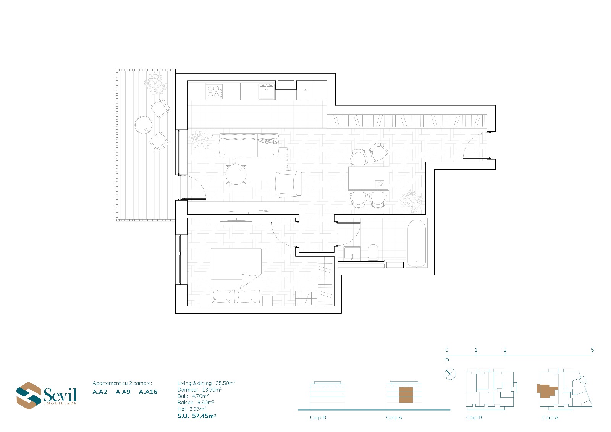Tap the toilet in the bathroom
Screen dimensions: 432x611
[x=373, y=252]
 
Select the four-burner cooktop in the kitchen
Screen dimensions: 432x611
[x=214, y=92]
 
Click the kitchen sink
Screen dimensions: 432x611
[x=267, y=92]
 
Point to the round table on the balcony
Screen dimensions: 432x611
[x=144, y=125]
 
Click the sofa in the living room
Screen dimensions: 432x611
[x=249, y=146]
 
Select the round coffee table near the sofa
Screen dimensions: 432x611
[x=236, y=175]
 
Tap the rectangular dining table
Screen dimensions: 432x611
[x=368, y=178]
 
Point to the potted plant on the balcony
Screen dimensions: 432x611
[x=155, y=83]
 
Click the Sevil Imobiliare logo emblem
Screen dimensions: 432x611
[x=29, y=395]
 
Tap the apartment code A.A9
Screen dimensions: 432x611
[x=123, y=392]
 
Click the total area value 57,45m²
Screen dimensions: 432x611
[x=204, y=416]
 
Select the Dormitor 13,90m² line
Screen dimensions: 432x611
[x=199, y=390]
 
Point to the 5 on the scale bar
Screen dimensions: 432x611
[x=592, y=350]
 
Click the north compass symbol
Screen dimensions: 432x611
[x=450, y=374]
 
